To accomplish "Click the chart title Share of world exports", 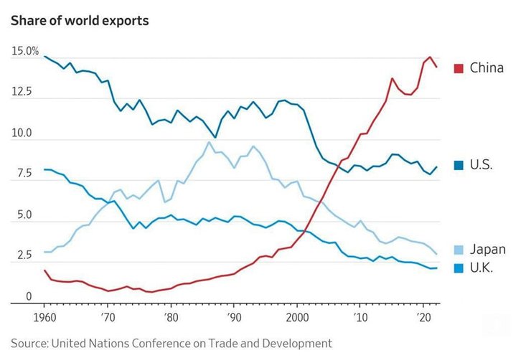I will coord(80,20).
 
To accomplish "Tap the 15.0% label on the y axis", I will coord(25,52).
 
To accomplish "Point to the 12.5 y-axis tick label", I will coord(22,92).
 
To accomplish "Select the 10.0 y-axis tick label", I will coord(22,133).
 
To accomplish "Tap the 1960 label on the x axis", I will coord(44,316).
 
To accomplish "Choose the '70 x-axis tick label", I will coord(107,316).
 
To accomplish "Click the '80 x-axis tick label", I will coord(170,316).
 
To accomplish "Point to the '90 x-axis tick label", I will coord(234,316).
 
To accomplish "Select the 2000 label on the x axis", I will coord(297,316).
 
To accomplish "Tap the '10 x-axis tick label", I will coord(360,316).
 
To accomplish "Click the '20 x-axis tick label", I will coord(423,316).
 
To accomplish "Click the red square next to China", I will coord(458,68).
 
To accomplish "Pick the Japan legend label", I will coord(488,250).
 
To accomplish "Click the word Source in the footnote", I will coord(29,344).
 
